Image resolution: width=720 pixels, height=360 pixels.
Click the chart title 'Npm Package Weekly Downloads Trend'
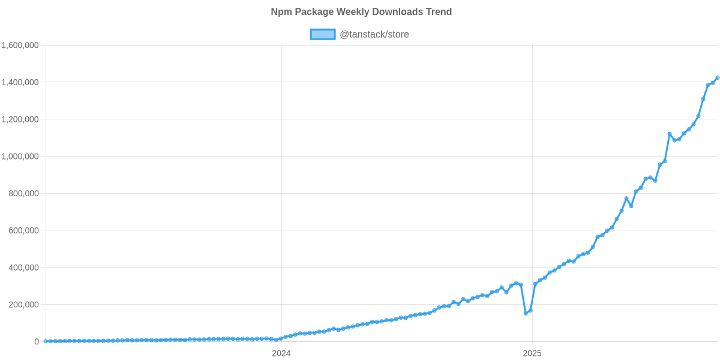[x=361, y=12]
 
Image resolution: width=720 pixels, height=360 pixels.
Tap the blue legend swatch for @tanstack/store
[x=322, y=34]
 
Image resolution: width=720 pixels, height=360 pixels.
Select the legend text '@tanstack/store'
[x=374, y=34]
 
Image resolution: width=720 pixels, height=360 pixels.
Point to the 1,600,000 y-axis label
[x=20, y=46]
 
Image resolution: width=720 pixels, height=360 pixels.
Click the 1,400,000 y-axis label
[x=20, y=82]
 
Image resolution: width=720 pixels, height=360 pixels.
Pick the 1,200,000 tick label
[x=20, y=119]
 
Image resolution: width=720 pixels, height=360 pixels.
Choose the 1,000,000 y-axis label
[x=20, y=157]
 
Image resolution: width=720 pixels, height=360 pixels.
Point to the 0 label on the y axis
[x=37, y=342]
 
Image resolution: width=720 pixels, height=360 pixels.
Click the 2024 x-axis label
[x=281, y=353]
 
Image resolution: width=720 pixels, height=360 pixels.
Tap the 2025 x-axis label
[x=532, y=353]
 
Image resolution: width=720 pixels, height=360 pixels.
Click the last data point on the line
[x=718, y=77]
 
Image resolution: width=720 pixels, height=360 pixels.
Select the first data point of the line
[x=45, y=341]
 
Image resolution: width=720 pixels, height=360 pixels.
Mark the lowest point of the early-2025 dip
[x=526, y=313]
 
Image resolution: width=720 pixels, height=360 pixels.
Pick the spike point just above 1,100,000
[x=670, y=134]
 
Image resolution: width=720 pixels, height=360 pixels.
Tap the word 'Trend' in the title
[x=440, y=12]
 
